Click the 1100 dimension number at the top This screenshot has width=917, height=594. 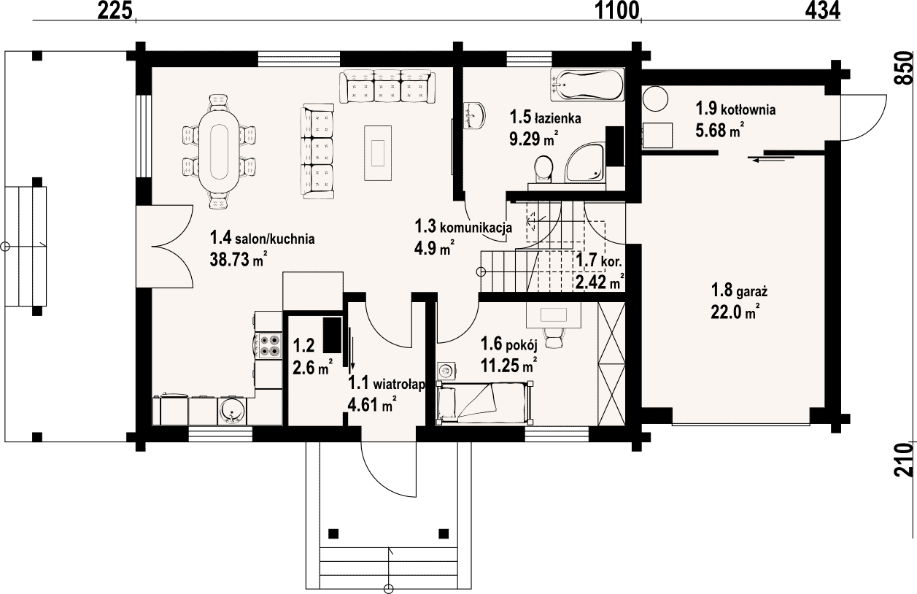[x=616, y=11]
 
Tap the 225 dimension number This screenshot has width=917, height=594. [x=115, y=11]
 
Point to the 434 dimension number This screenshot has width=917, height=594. [x=823, y=11]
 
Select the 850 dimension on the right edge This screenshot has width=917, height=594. [x=903, y=68]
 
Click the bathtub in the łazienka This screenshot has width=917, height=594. [x=587, y=85]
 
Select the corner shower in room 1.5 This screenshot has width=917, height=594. [x=584, y=162]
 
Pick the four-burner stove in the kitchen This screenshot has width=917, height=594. [x=269, y=345]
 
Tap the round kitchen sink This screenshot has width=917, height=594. [x=233, y=411]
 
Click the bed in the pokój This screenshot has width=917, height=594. [x=484, y=402]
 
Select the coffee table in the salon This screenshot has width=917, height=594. [x=377, y=153]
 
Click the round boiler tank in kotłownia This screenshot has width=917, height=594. [x=655, y=99]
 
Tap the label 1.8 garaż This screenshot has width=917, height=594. [x=739, y=291]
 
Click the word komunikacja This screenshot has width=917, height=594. [x=476, y=228]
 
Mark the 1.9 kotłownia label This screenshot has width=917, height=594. [x=735, y=109]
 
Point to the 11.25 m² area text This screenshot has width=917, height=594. [x=508, y=364]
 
